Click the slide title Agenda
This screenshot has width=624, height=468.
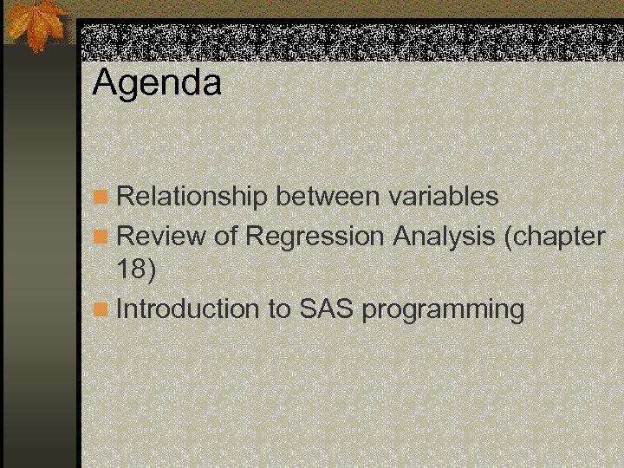[x=157, y=84]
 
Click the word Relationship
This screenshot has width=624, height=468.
[x=192, y=197]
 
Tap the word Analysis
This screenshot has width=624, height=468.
[x=445, y=235]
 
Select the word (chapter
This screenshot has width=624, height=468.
[x=555, y=235]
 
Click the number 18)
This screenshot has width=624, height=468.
[x=137, y=270]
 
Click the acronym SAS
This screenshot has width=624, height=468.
[x=327, y=309]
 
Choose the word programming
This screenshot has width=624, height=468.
[x=444, y=310]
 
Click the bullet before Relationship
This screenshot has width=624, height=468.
[x=102, y=198]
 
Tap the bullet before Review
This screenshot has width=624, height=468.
[x=102, y=236]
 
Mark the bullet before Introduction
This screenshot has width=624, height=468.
[x=102, y=309]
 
